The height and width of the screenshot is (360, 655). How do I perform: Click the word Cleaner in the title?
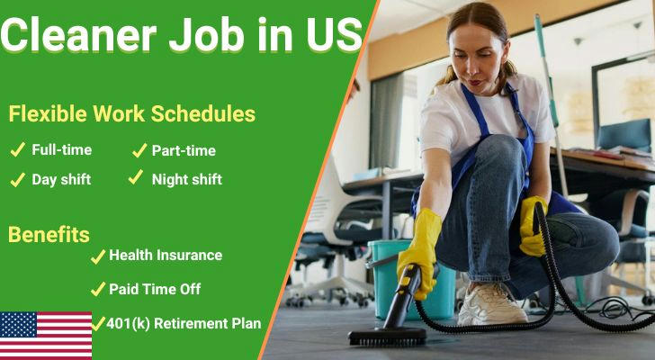[x=79, y=35]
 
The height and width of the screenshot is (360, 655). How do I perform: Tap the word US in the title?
[x=335, y=35]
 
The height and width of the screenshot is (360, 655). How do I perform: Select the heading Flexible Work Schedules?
[x=132, y=113]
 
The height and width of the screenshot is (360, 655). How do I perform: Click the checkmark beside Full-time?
[x=18, y=149]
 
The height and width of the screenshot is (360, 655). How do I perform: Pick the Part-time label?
[x=184, y=150]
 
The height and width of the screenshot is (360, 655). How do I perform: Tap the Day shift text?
[x=61, y=180]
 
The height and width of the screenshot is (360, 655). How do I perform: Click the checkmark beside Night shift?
[x=136, y=177]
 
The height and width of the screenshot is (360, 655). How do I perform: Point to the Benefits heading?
[x=49, y=235]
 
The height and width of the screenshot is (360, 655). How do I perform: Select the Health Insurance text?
[x=166, y=256]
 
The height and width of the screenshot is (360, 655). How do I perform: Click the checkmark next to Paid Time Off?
[x=98, y=289]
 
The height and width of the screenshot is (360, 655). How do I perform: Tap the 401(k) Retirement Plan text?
[x=184, y=323]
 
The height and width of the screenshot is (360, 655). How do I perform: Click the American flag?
[x=46, y=336]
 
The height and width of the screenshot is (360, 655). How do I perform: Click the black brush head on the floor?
[x=387, y=337]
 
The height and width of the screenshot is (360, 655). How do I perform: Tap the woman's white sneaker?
[x=492, y=305]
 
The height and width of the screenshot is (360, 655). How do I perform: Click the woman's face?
[x=475, y=58]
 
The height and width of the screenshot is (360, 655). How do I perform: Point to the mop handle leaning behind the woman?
[x=551, y=104]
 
